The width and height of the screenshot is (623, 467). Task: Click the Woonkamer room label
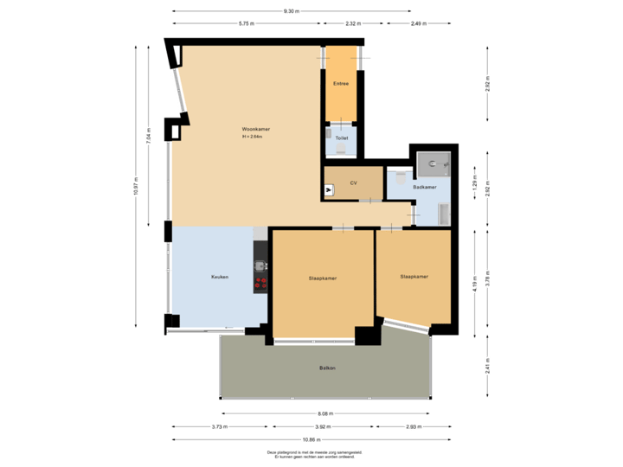click(x=256, y=129)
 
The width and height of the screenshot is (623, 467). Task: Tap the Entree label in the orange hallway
click(x=340, y=83)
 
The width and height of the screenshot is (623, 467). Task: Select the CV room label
click(x=353, y=183)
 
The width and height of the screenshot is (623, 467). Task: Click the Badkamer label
click(x=424, y=187)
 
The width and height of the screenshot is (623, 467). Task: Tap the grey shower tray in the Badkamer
click(x=432, y=163)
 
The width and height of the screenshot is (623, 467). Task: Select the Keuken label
click(x=220, y=277)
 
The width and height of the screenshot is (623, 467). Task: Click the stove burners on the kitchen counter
click(x=260, y=281)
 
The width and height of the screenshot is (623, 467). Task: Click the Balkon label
click(x=327, y=368)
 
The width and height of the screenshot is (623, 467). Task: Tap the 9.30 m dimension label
click(x=292, y=11)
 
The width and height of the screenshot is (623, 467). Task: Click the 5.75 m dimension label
click(x=247, y=23)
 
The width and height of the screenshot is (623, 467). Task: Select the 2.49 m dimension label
click(x=418, y=23)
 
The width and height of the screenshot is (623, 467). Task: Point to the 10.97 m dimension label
click(x=136, y=186)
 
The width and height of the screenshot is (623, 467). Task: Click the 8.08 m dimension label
click(x=324, y=413)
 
